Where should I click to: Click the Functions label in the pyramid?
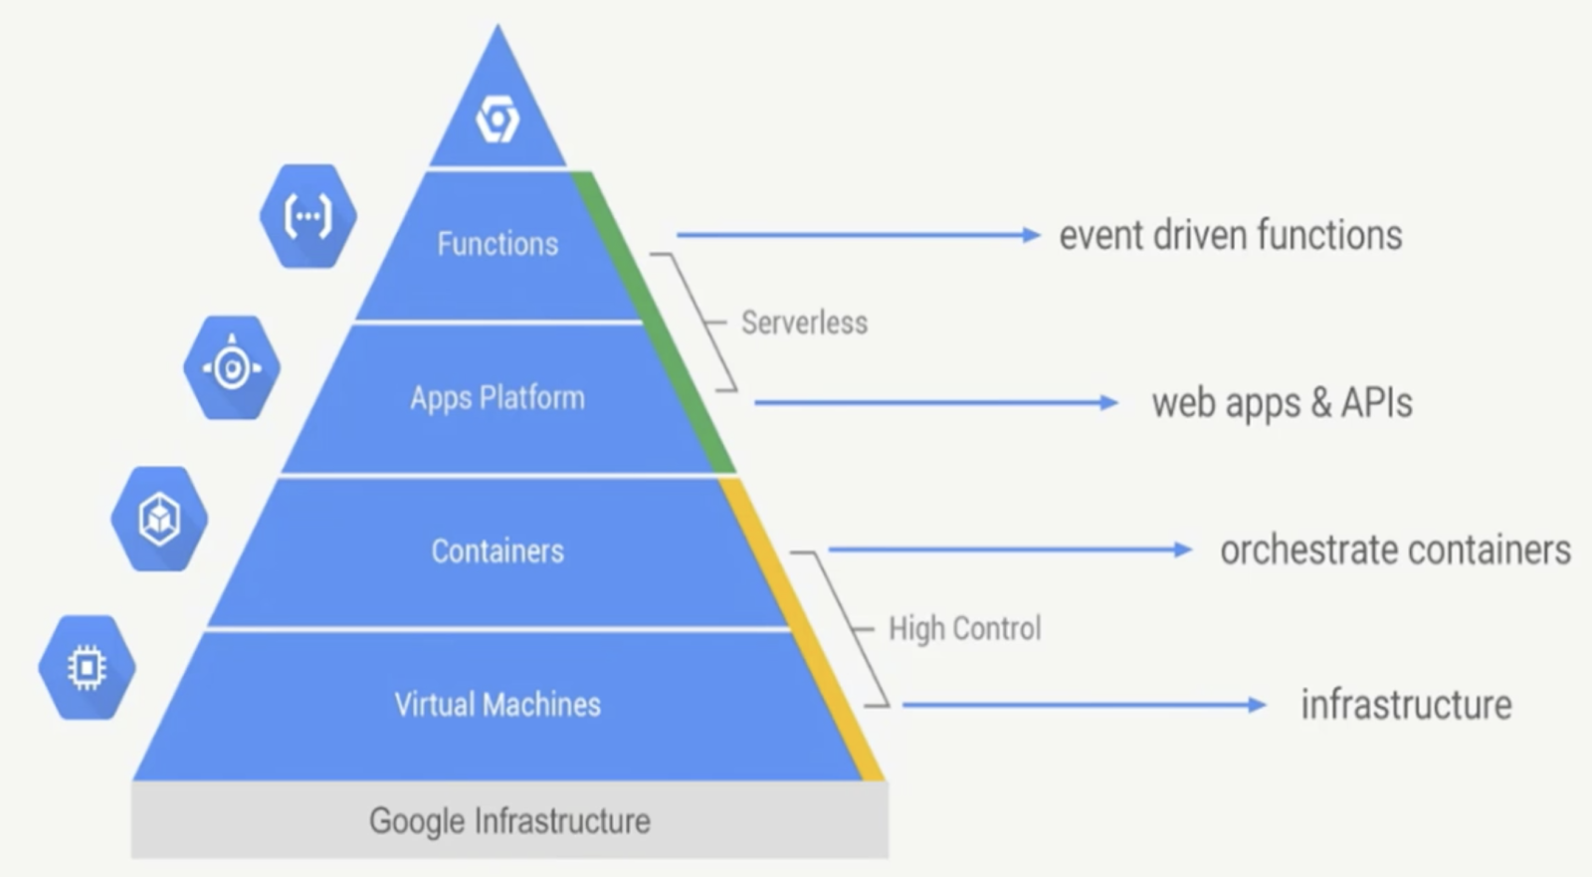497,244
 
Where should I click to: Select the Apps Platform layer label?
497,398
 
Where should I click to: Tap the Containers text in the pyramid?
497,551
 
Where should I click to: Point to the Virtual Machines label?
497,705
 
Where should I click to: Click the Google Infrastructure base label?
509,821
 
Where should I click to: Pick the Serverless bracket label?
804,323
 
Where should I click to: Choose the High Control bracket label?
964,629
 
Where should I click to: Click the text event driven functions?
1230,236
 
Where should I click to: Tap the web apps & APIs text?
1282,403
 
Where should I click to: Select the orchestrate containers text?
1395,550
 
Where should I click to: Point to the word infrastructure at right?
1406,705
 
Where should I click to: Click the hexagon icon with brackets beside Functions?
307,216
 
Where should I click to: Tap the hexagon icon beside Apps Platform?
232,368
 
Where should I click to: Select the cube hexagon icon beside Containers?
159,519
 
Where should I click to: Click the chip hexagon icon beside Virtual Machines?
87,667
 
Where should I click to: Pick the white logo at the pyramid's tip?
497,119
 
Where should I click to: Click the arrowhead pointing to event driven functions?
1032,235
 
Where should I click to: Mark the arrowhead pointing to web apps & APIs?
1109,403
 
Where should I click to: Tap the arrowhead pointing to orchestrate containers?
1183,549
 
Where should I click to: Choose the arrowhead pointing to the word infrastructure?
1258,705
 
